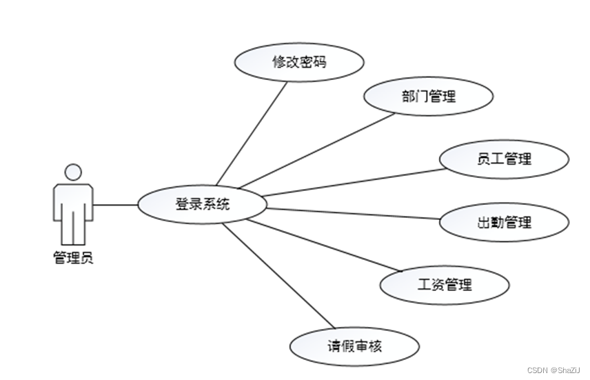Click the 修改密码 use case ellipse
pyautogui.click(x=298, y=62)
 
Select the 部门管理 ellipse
pyautogui.click(x=428, y=97)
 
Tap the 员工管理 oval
pyautogui.click(x=505, y=159)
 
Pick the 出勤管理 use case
pyautogui.click(x=505, y=222)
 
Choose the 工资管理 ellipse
pyautogui.click(x=445, y=284)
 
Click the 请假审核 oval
pyautogui.click(x=354, y=346)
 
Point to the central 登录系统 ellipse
pyautogui.click(x=202, y=204)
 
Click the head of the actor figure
pyautogui.click(x=72, y=172)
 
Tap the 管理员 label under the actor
pyautogui.click(x=72, y=259)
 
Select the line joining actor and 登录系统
pyautogui.click(x=115, y=205)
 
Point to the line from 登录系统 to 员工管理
pyautogui.click(x=352, y=182)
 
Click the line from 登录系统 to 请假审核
pyautogui.click(x=279, y=277)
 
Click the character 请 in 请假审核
pyautogui.click(x=334, y=346)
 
